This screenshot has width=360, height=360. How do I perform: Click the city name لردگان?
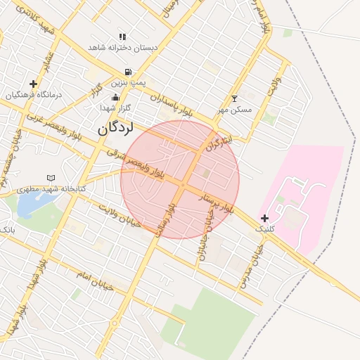pos(115,128)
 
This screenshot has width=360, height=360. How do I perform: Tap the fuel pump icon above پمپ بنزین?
pos(127,72)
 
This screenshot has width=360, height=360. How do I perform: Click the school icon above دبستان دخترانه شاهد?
pos(123,37)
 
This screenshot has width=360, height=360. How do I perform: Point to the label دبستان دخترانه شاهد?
pos(123,47)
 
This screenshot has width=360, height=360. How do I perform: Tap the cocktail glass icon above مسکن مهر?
pos(234,98)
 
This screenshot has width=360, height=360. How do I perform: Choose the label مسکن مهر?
pos(234,110)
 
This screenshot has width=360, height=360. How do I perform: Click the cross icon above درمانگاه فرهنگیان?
pos(33,84)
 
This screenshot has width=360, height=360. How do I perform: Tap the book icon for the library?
pos(50,177)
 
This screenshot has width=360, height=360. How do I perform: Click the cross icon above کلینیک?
pos(264,218)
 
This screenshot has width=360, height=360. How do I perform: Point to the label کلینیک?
pos(265,229)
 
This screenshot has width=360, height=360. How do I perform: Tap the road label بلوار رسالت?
pos(163,224)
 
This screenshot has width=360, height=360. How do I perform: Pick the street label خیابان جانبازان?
pos(205,236)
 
